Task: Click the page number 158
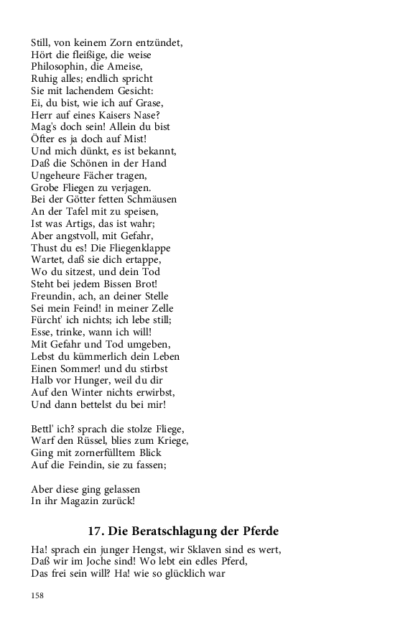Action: pos(38,595)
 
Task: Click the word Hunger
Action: pos(96,381)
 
